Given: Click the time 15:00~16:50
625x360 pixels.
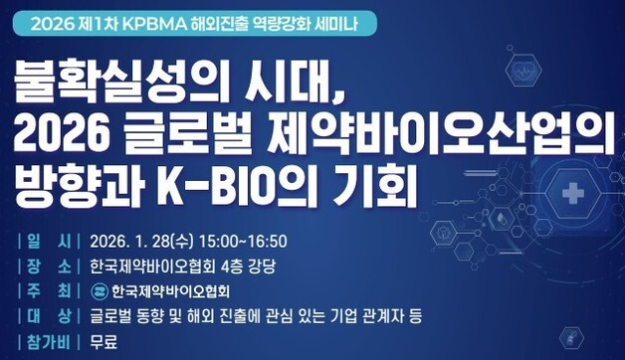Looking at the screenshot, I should tap(244, 241).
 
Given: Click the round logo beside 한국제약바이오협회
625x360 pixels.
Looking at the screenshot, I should tap(100, 292).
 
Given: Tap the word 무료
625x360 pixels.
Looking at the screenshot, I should tap(104, 343).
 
